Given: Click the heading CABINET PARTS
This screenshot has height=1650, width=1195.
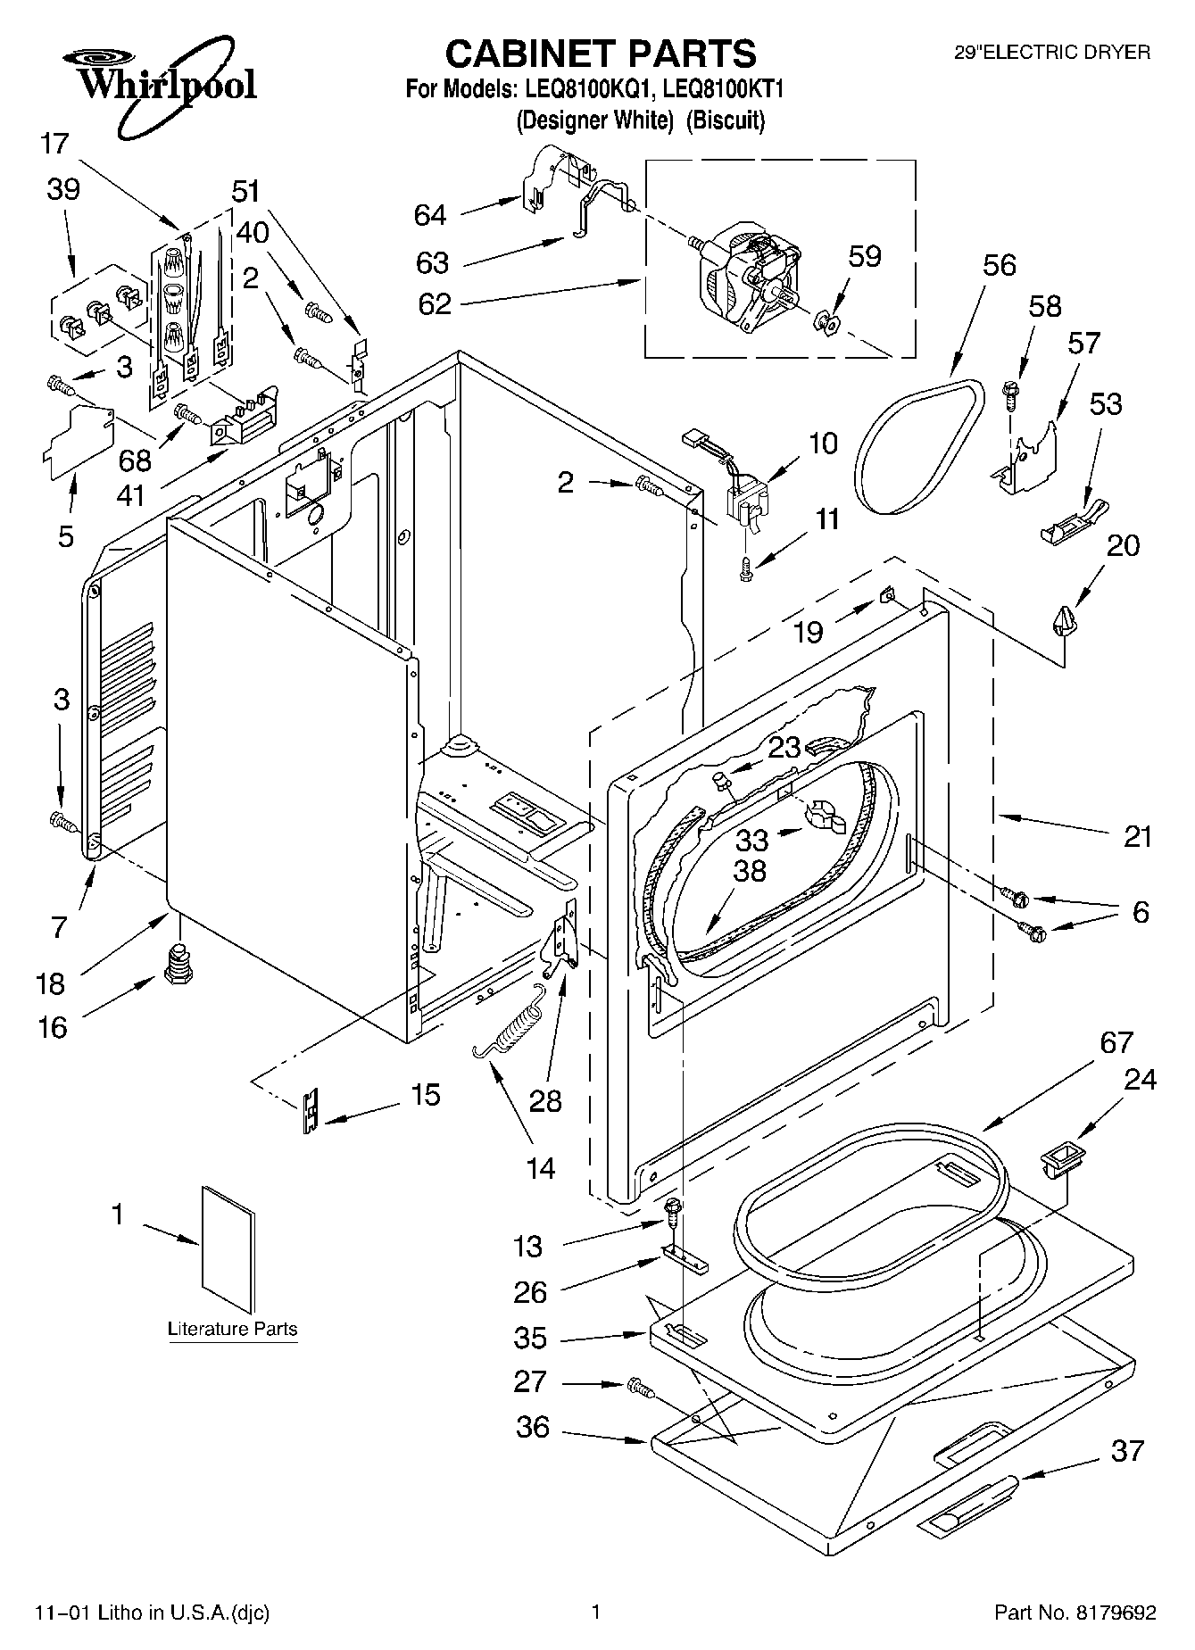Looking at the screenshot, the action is pyautogui.click(x=601, y=54).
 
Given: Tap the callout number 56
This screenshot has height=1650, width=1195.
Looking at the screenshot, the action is pyautogui.click(x=1000, y=265).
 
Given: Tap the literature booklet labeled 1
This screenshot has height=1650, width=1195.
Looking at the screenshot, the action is pyautogui.click(x=228, y=1250).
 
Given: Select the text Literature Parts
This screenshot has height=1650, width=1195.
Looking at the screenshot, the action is pyautogui.click(x=233, y=1329).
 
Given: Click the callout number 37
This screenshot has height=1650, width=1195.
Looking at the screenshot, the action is pyautogui.click(x=1127, y=1451).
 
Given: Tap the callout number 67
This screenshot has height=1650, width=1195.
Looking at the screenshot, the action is pyautogui.click(x=1116, y=1041).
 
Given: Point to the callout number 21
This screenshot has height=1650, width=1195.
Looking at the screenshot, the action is pyautogui.click(x=1137, y=836).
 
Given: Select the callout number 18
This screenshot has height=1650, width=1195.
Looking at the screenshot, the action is pyautogui.click(x=50, y=983).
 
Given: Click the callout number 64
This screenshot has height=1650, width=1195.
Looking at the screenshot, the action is pyautogui.click(x=430, y=215).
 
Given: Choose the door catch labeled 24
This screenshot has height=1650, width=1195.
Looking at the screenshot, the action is pyautogui.click(x=1060, y=1159).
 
